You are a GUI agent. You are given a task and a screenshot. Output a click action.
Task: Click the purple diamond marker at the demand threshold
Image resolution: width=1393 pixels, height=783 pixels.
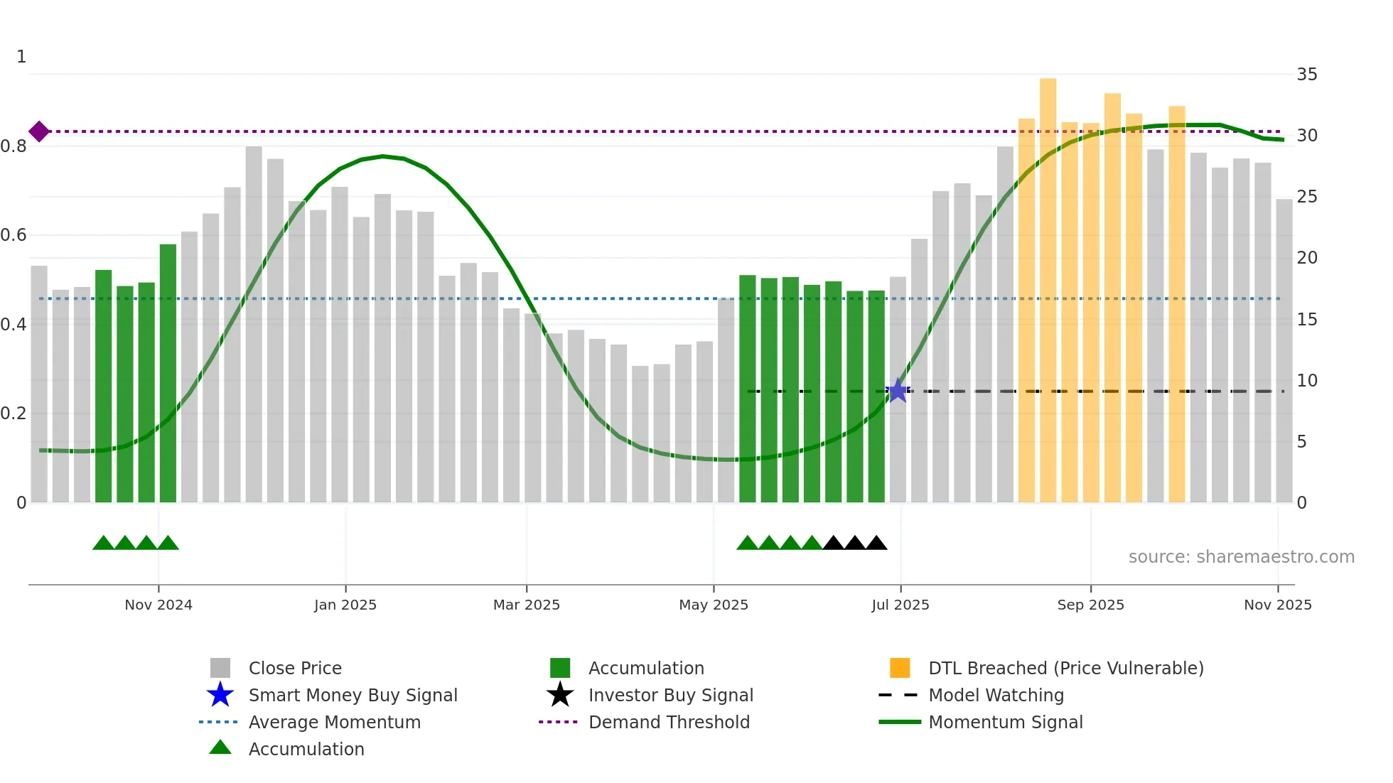[39, 131]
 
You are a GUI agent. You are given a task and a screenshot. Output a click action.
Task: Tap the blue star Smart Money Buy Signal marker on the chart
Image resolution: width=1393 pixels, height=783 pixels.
[898, 390]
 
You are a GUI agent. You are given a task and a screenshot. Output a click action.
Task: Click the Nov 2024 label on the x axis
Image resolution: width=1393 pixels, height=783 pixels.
[158, 605]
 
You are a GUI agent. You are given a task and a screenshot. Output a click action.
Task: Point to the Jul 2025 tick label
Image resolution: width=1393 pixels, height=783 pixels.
[900, 605]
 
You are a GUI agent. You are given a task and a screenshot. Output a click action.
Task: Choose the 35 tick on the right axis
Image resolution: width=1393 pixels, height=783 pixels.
[1306, 75]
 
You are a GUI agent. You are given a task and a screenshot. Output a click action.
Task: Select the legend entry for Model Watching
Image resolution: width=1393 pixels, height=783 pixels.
[996, 695]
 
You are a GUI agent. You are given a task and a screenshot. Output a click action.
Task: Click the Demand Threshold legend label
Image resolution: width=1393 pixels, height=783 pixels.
[669, 722]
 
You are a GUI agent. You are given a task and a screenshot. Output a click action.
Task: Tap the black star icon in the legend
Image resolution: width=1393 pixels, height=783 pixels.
[560, 695]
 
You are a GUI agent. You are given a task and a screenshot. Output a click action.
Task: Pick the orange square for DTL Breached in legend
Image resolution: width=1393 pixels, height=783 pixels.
[900, 668]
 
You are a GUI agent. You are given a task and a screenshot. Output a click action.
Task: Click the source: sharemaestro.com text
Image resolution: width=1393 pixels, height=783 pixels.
[1241, 557]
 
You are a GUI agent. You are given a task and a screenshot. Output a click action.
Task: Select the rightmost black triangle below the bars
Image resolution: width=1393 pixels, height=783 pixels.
[876, 544]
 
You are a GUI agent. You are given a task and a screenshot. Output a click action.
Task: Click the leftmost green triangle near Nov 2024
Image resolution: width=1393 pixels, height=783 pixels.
[103, 544]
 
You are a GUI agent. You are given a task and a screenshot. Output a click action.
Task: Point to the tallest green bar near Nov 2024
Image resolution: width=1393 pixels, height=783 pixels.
[168, 373]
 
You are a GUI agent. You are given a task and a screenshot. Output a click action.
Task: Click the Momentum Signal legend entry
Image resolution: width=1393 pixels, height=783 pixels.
[1005, 722]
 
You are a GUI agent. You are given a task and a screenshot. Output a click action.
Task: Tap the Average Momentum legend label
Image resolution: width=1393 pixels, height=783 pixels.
[334, 722]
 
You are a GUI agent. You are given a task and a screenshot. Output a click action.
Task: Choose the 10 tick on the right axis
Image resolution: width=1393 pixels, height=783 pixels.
[1306, 381]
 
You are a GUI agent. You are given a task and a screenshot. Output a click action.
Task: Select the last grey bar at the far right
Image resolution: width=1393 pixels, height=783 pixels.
[1284, 351]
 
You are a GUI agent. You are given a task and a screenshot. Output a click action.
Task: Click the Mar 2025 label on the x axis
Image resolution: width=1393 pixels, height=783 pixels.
[527, 605]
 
